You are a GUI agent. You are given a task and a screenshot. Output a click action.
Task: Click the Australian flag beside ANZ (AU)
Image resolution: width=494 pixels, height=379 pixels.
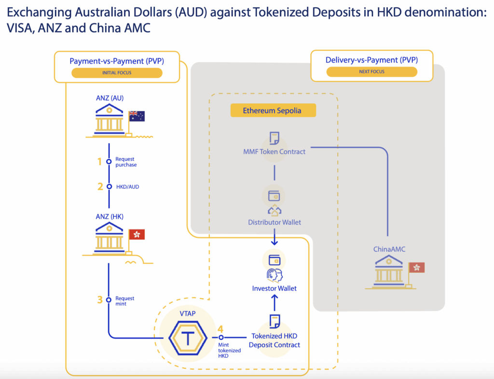tap(137, 116)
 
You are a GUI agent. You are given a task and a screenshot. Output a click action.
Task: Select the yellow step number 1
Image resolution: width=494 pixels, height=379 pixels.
tap(100, 161)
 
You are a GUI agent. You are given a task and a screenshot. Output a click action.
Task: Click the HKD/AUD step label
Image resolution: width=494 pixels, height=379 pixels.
tap(127, 187)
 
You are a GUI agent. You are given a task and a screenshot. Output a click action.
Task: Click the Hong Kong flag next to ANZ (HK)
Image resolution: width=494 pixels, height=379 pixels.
tap(137, 235)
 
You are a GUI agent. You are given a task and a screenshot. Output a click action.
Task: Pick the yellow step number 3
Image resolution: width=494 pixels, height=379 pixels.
tap(100, 300)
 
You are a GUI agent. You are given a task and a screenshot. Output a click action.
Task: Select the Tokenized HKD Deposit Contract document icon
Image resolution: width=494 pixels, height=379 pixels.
tap(274, 322)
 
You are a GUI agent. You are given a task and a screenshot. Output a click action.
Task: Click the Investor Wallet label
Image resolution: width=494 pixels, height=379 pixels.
tap(274, 288)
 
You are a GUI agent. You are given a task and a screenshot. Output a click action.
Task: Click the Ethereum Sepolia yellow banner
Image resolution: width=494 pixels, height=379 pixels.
tap(273, 111)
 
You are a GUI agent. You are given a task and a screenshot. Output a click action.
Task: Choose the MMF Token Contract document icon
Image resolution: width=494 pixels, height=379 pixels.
tap(274, 139)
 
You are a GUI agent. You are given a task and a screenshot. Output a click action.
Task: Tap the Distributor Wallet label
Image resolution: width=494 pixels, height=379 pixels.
tap(274, 222)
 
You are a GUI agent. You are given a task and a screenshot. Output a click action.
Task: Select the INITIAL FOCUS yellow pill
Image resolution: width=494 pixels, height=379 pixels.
tap(117, 73)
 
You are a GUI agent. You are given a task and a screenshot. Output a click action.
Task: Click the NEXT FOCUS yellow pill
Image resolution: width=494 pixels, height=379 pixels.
tap(371, 72)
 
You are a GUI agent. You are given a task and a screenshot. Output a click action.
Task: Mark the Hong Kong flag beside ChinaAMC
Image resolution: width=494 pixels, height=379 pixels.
tap(416, 267)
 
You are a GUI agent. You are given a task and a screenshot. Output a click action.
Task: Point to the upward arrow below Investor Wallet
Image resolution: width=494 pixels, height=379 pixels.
tap(274, 302)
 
